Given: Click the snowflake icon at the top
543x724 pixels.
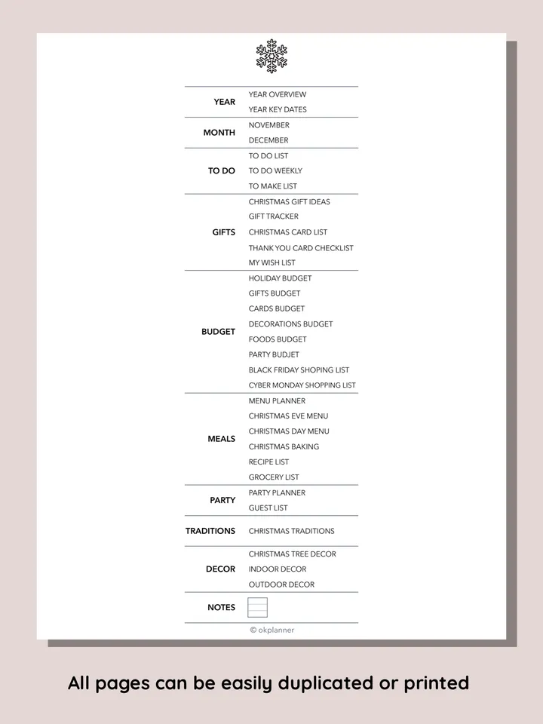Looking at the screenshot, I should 271,56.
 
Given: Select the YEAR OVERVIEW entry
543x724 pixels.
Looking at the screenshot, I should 278,94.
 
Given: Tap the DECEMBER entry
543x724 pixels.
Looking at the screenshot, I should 268,140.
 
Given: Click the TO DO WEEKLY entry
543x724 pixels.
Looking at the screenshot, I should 275,171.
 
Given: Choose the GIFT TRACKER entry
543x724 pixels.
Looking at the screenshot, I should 274,217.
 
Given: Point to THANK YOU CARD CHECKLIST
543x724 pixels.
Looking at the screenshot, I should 301,248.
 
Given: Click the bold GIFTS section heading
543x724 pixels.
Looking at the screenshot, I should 224,232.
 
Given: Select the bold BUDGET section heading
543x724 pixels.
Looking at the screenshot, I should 218,332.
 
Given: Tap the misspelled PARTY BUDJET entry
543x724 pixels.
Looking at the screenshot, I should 274,354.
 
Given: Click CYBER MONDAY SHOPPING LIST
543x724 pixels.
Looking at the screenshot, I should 302,385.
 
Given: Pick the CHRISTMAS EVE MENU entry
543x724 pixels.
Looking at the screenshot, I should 288,416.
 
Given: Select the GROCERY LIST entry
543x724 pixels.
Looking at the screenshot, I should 274,477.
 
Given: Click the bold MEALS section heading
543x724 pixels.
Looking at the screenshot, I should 222,439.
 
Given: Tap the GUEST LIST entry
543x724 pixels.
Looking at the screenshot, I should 268,508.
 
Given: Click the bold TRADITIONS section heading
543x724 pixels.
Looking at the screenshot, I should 210,531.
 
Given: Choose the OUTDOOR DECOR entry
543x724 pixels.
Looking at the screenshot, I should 281,584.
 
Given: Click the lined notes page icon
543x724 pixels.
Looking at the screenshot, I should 258,607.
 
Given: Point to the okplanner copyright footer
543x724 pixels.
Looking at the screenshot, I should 272,630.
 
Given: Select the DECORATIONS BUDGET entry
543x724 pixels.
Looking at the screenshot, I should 290,324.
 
